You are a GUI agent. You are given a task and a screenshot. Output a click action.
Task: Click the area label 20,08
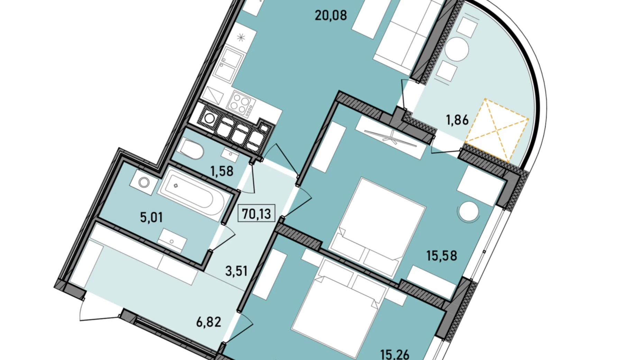click(x=331, y=16)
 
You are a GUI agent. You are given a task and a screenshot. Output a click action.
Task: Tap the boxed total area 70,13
click(x=256, y=214)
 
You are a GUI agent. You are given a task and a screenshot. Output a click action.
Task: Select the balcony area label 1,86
click(x=457, y=120)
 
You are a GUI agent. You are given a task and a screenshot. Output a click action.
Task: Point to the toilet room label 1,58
click(x=222, y=171)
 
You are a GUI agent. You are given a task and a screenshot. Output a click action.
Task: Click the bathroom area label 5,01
click(x=151, y=217)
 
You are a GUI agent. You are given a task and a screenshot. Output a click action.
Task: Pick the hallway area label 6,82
click(x=209, y=322)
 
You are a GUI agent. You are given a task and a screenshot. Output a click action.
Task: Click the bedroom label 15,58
click(x=441, y=256)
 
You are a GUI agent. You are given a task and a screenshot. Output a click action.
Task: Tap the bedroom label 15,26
click(x=395, y=354)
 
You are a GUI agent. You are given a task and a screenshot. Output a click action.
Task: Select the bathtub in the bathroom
click(x=194, y=194)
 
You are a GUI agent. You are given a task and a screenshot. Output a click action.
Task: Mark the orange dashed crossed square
click(x=497, y=130)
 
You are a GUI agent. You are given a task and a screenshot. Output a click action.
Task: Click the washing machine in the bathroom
click(x=144, y=182)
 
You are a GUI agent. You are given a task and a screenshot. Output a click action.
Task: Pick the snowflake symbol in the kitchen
click(x=241, y=37)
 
